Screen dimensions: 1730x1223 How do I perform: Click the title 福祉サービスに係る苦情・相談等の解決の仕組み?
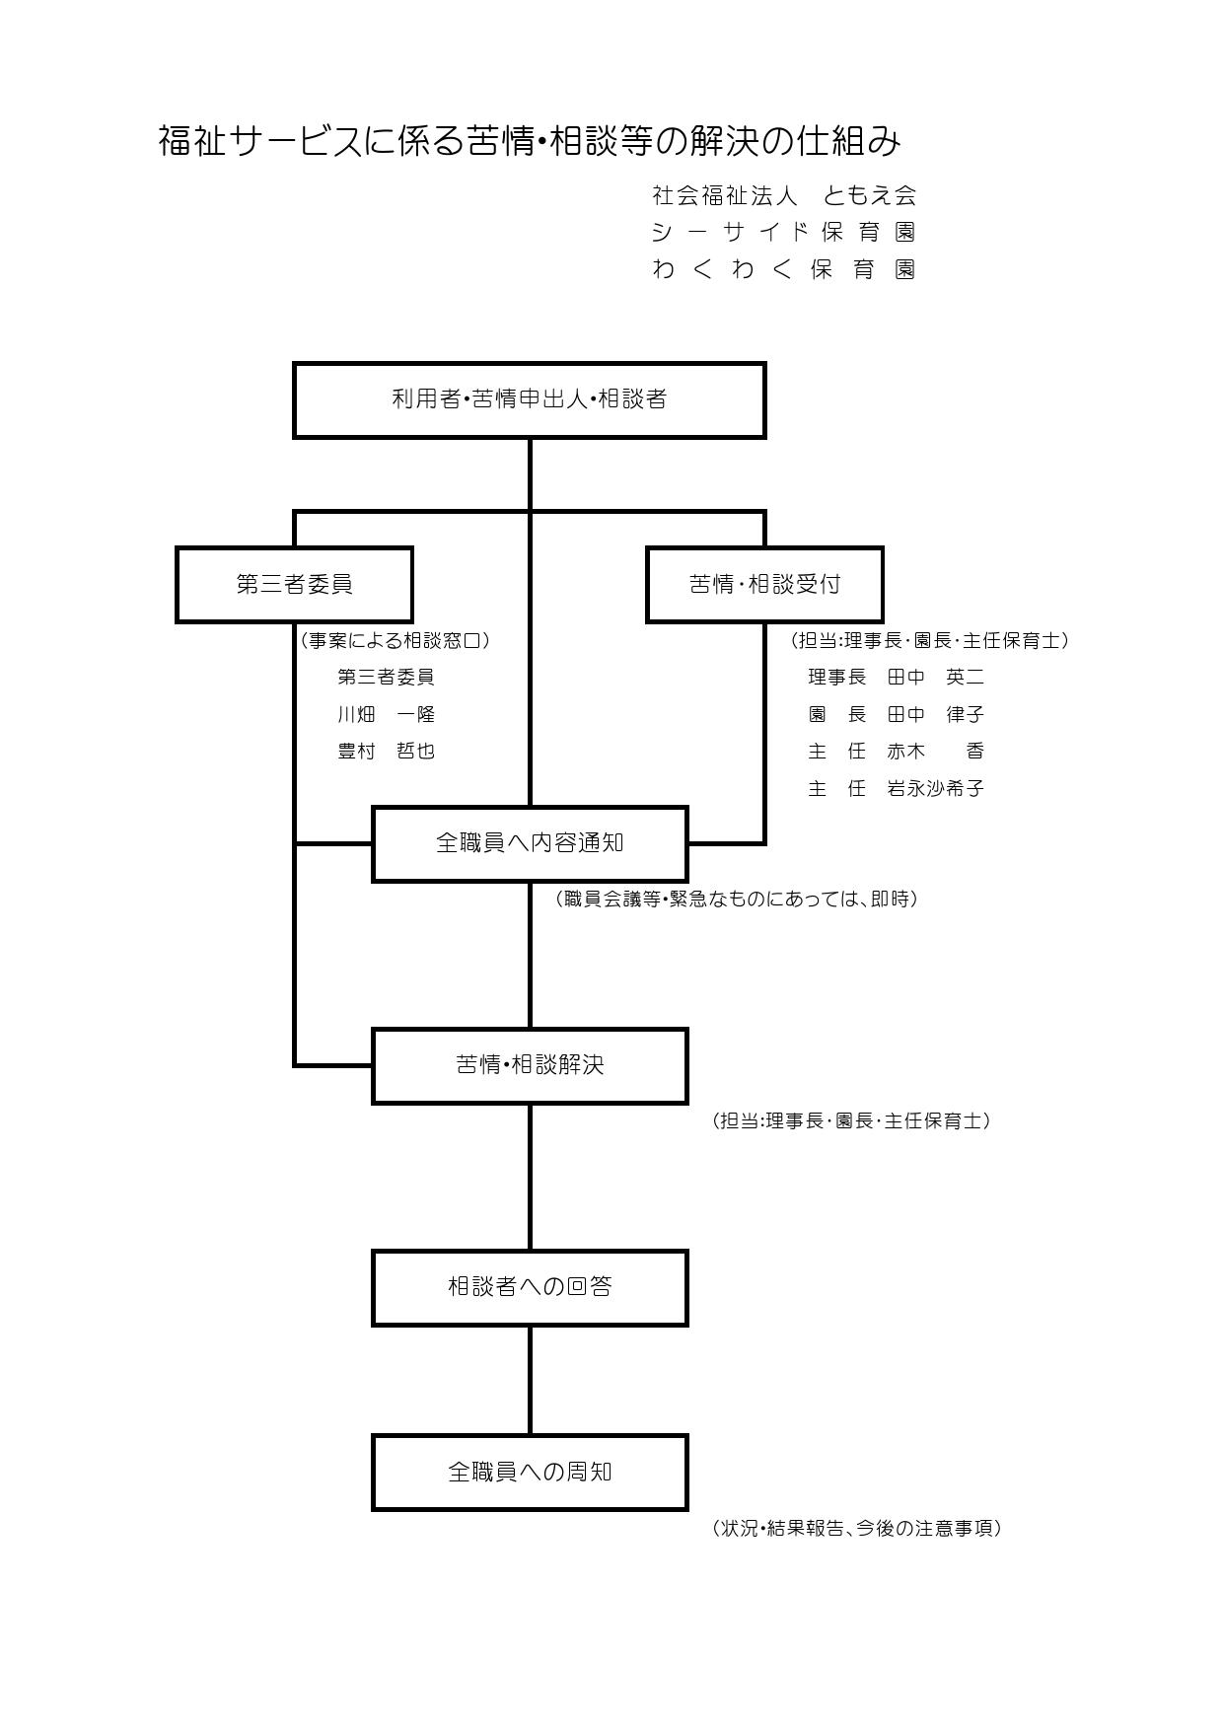pyautogui.click(x=530, y=141)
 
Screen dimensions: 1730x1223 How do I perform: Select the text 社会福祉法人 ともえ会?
pyautogui.click(x=784, y=195)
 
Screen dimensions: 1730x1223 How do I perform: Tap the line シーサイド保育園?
pyautogui.click(x=784, y=233)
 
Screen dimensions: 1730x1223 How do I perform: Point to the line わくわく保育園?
pyautogui.click(x=784, y=269)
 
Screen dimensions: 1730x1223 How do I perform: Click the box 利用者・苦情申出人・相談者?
pyautogui.click(x=530, y=399)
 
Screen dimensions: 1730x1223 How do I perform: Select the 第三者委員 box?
pyautogui.click(x=294, y=585)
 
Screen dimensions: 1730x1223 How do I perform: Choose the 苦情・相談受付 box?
pyautogui.click(x=764, y=585)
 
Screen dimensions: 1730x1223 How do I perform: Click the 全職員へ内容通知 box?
pyautogui.click(x=530, y=843)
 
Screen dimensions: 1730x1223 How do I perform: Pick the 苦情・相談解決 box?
pyautogui.click(x=530, y=1065)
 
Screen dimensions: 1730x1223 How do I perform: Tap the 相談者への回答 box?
pyautogui.click(x=530, y=1287)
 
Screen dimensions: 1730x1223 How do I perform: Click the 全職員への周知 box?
pyautogui.click(x=530, y=1473)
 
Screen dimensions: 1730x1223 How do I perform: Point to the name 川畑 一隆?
pyautogui.click(x=386, y=714)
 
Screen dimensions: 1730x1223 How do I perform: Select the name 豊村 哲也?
pyautogui.click(x=386, y=752)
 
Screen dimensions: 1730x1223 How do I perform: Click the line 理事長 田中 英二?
pyautogui.click(x=896, y=678)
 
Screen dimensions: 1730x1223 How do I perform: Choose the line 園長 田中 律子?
pyautogui.click(x=896, y=714)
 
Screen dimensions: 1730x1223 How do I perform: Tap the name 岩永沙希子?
pyautogui.click(x=935, y=788)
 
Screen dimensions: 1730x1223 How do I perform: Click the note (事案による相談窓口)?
pyautogui.click(x=395, y=640)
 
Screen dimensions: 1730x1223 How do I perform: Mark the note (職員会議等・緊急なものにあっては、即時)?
pyautogui.click(x=737, y=899)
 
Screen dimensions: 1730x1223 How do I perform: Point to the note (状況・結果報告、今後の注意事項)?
pyautogui.click(x=856, y=1528)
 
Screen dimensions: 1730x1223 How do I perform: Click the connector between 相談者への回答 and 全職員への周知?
pyautogui.click(x=530, y=1380)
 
